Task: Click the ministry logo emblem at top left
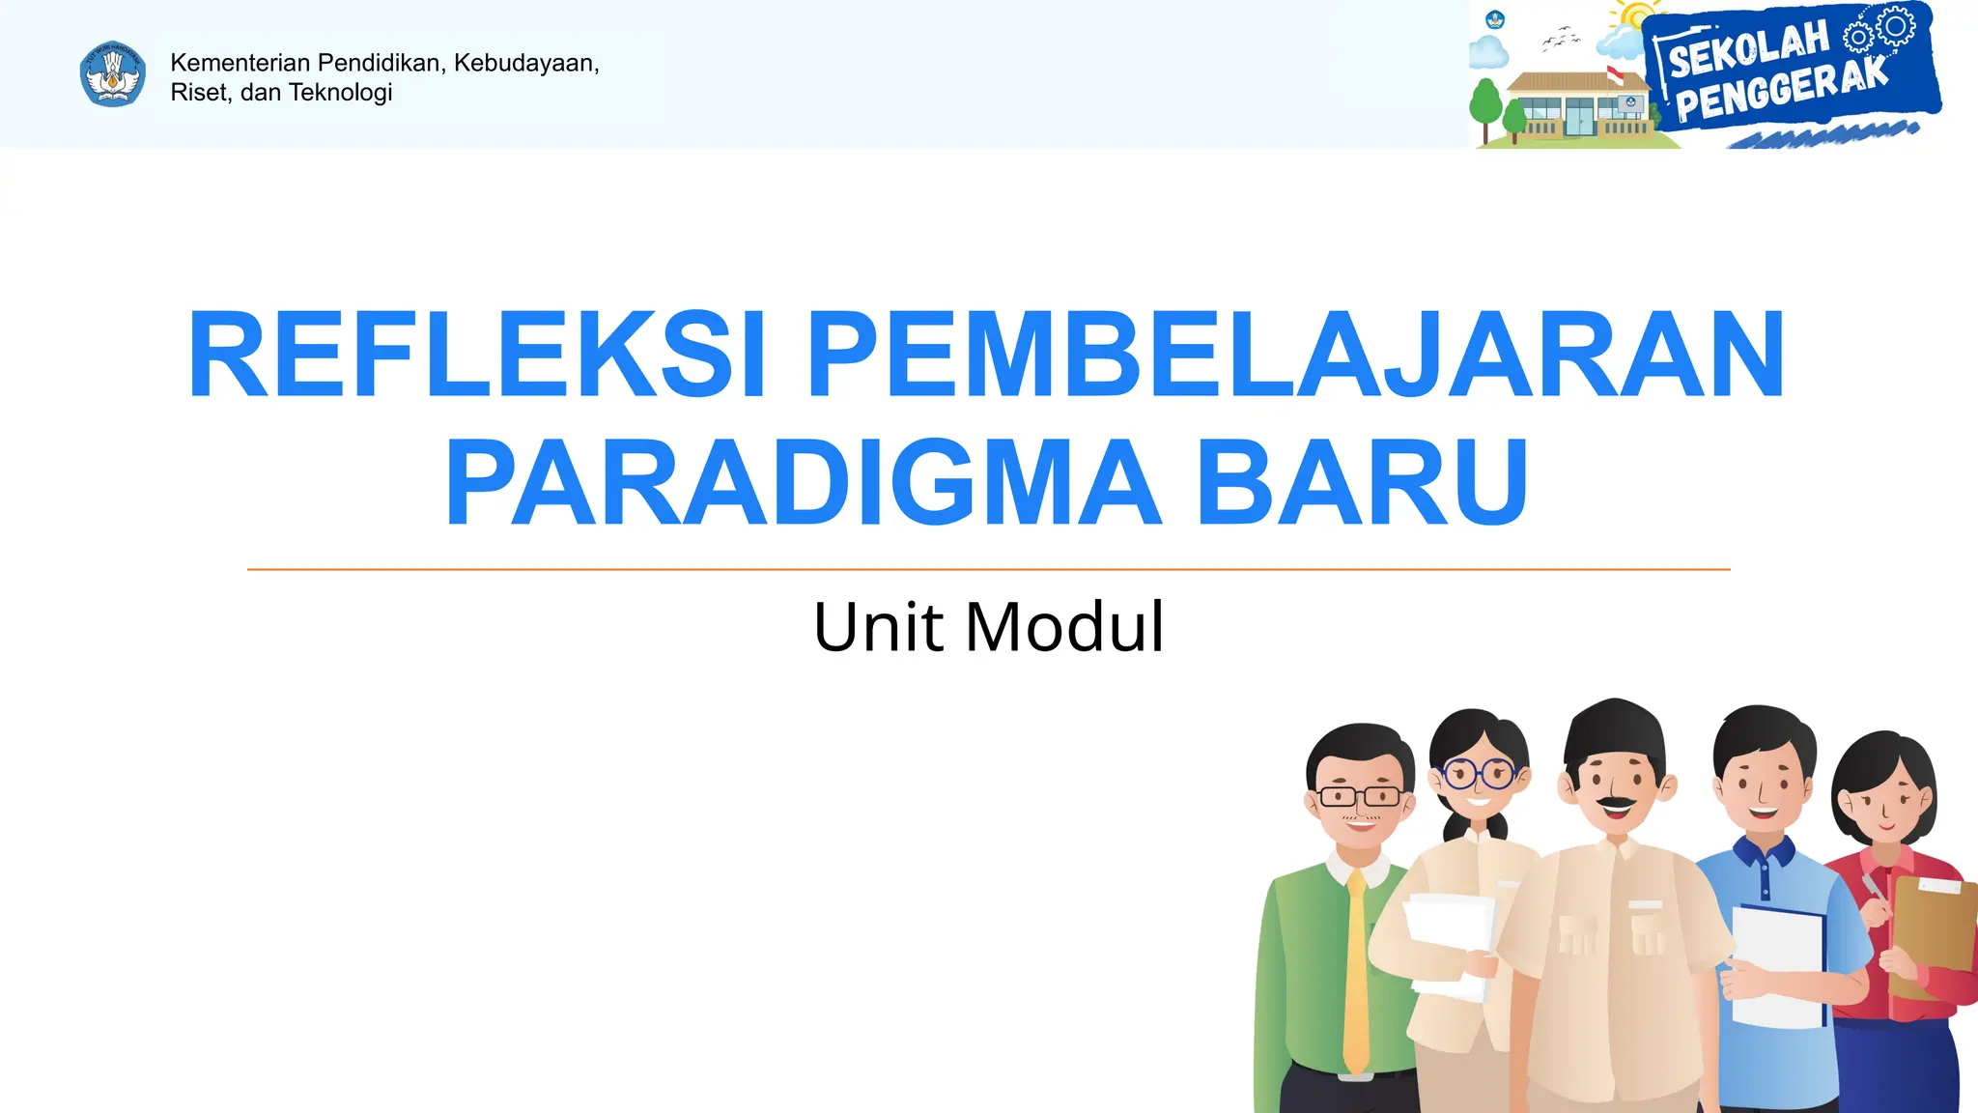[113, 73]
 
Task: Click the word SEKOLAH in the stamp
[1749, 49]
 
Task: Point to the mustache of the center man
[1615, 802]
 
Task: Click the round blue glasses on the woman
[1479, 773]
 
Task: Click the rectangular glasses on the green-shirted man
[1360, 797]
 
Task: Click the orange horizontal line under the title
[988, 569]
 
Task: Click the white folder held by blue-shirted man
[1777, 966]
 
